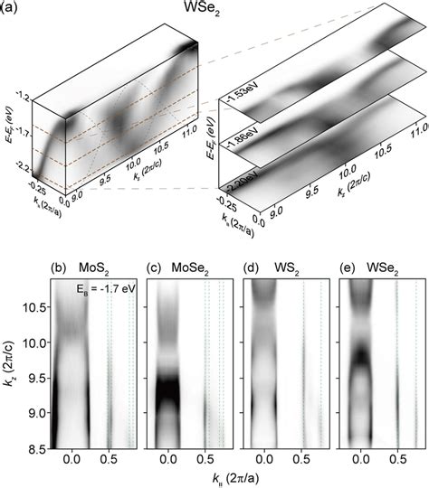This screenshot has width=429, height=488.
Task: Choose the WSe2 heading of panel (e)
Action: pos(378,267)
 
